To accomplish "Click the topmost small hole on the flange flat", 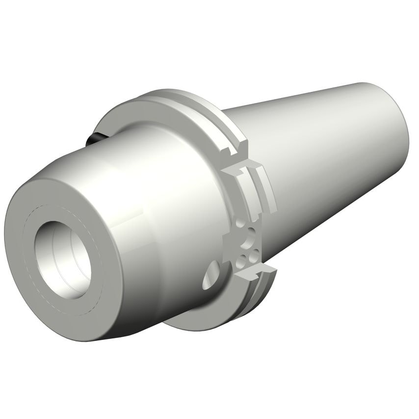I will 240,223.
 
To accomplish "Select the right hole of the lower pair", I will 255,256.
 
